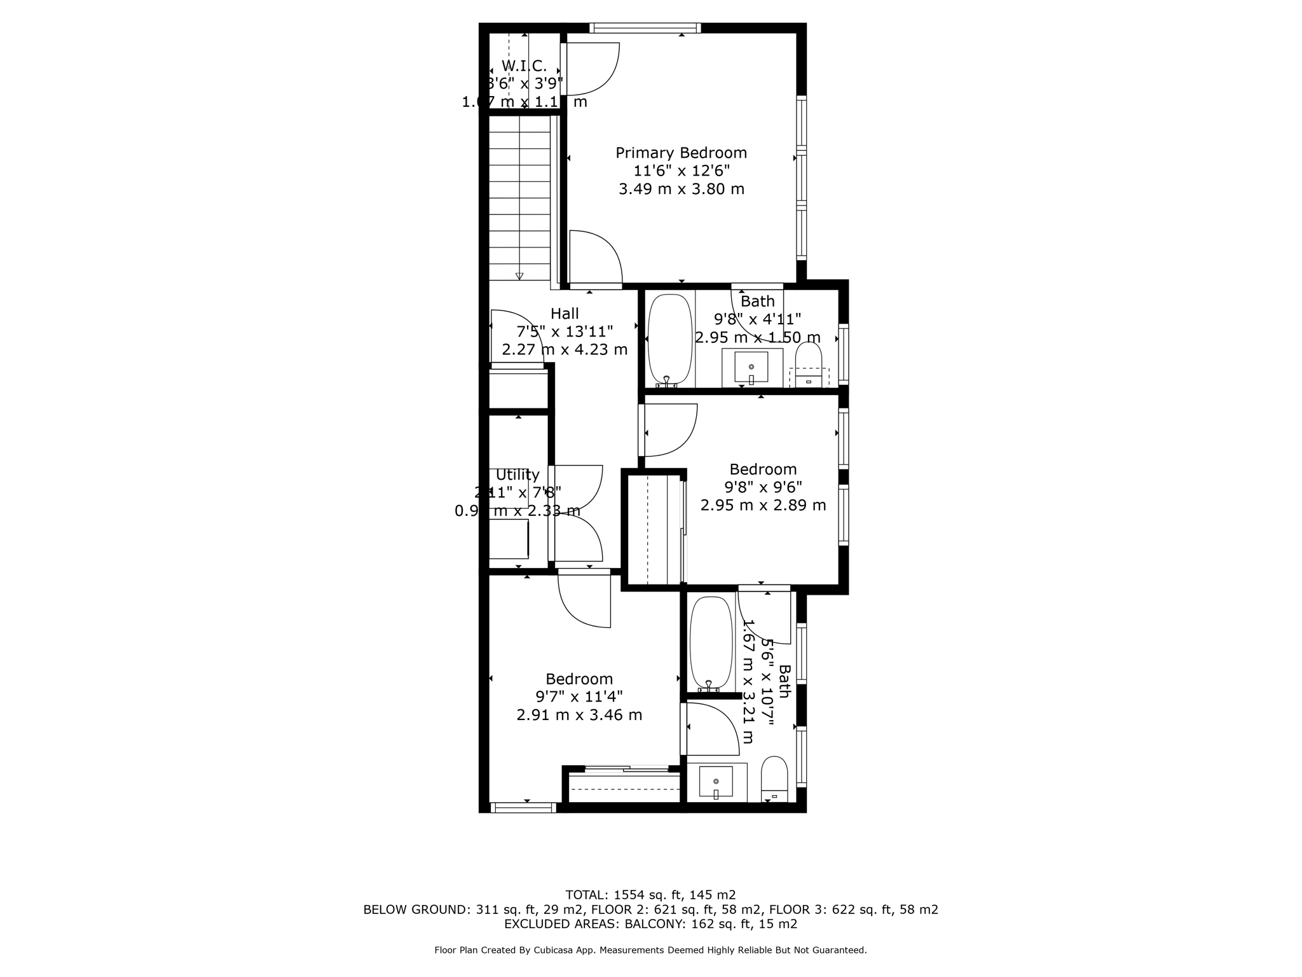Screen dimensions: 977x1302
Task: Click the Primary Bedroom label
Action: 681,153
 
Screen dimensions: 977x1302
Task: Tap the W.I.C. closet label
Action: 524,66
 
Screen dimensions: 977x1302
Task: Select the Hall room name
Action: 565,314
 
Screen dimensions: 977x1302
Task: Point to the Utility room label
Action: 517,475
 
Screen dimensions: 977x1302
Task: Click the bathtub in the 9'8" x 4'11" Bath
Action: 669,340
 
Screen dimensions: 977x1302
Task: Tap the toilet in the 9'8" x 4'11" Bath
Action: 809,366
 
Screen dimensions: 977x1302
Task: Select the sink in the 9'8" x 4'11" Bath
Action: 751,367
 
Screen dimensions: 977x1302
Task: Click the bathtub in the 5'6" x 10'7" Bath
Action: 711,643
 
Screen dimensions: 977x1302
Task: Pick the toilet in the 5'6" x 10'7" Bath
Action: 774,779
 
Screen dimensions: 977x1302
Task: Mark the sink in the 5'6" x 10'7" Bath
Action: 716,781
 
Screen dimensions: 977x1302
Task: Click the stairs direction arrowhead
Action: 519,276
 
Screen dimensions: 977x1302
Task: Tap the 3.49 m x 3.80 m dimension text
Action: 682,189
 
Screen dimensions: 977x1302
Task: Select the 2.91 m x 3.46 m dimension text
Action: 579,715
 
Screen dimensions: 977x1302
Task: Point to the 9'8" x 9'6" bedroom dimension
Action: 763,487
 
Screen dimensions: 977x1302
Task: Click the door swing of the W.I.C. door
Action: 598,70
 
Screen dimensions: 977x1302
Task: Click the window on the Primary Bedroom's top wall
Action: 645,28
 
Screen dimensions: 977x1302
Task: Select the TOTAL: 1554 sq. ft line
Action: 650,895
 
